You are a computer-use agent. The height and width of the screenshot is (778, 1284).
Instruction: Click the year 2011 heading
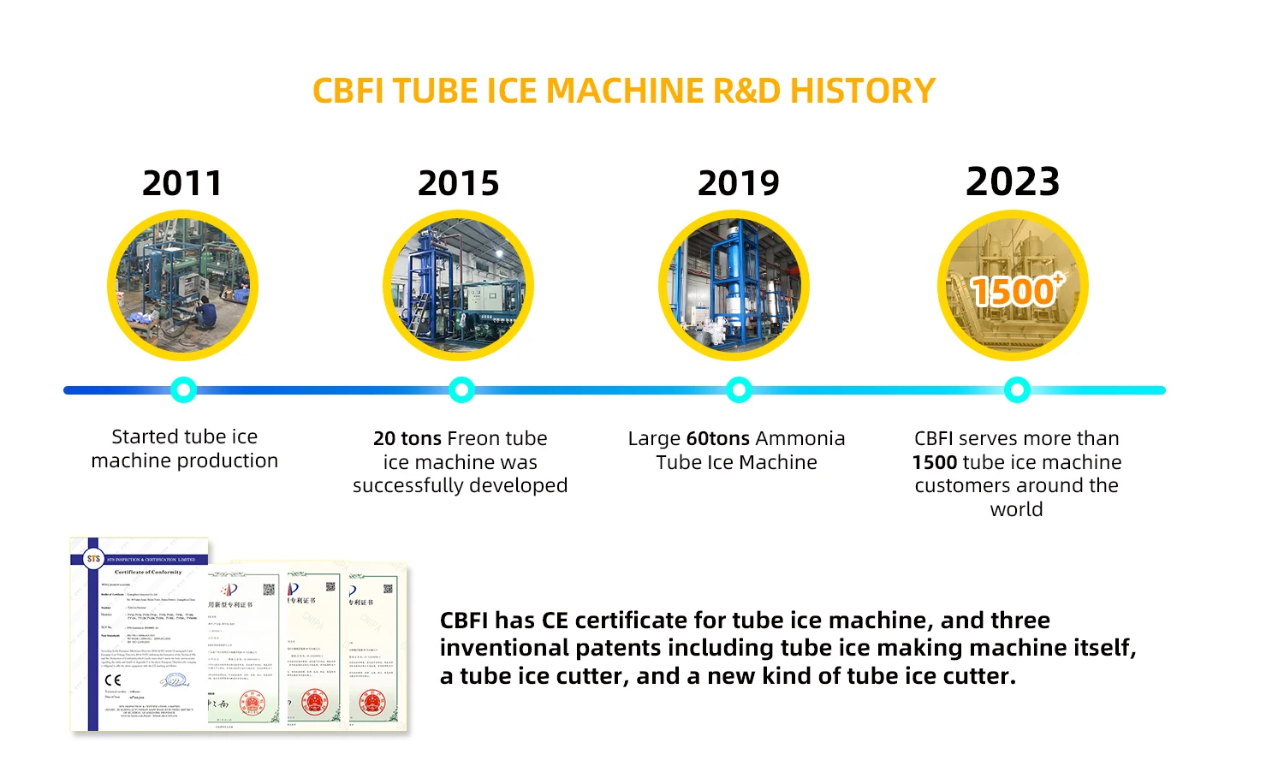point(182,183)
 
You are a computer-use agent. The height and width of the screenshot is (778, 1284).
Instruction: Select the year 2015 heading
point(458,183)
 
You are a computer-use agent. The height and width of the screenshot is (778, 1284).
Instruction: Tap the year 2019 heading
point(739,183)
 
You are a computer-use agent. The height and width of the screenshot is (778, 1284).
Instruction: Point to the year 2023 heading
point(1013,181)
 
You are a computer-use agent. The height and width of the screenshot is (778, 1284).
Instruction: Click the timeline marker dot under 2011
point(183,390)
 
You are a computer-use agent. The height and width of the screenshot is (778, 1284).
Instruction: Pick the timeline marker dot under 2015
point(461,390)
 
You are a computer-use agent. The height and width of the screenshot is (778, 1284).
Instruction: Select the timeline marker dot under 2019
point(739,390)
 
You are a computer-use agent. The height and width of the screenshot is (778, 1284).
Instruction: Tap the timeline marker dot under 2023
point(1017,390)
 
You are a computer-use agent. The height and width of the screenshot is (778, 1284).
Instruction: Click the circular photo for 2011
point(182,286)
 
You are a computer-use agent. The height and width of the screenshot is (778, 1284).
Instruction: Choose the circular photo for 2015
point(458,286)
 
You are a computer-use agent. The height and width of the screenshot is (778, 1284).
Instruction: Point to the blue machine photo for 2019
point(734,286)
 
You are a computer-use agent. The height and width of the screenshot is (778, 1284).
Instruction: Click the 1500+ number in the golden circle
point(1015,291)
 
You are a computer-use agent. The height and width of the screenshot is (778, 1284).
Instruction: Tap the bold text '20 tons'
point(407,438)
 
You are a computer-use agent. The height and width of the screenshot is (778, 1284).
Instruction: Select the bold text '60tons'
point(717,438)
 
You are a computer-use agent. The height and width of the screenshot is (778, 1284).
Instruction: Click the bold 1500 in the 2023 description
point(935,462)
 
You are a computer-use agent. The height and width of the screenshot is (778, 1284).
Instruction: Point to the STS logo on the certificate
point(93,559)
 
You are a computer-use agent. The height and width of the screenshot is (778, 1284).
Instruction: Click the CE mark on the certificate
point(113,680)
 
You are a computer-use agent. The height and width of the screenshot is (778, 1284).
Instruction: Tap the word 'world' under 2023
point(1016,509)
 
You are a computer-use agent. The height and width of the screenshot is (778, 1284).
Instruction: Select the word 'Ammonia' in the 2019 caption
point(800,438)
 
